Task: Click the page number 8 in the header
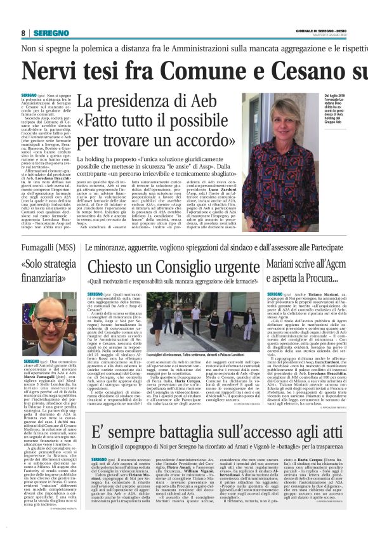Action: [x=23, y=33]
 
